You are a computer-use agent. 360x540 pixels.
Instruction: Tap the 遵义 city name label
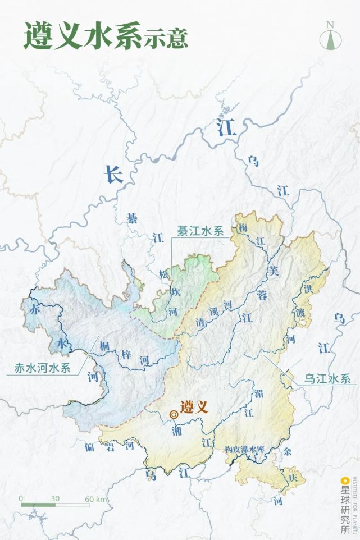coord(194,406)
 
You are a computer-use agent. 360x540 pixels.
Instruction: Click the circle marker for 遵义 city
coord(174,414)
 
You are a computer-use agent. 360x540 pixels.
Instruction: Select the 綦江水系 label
coord(200,231)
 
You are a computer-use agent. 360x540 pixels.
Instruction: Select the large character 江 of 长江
coord(227,128)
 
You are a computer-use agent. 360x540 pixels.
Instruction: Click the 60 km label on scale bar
coord(96,498)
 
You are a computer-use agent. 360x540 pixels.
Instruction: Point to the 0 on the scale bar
coord(21,498)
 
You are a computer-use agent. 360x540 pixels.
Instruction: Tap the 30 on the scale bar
coord(55,498)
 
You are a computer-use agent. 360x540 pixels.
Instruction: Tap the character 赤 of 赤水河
coord(35,309)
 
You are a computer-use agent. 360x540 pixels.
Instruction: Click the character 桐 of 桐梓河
coord(104,346)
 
